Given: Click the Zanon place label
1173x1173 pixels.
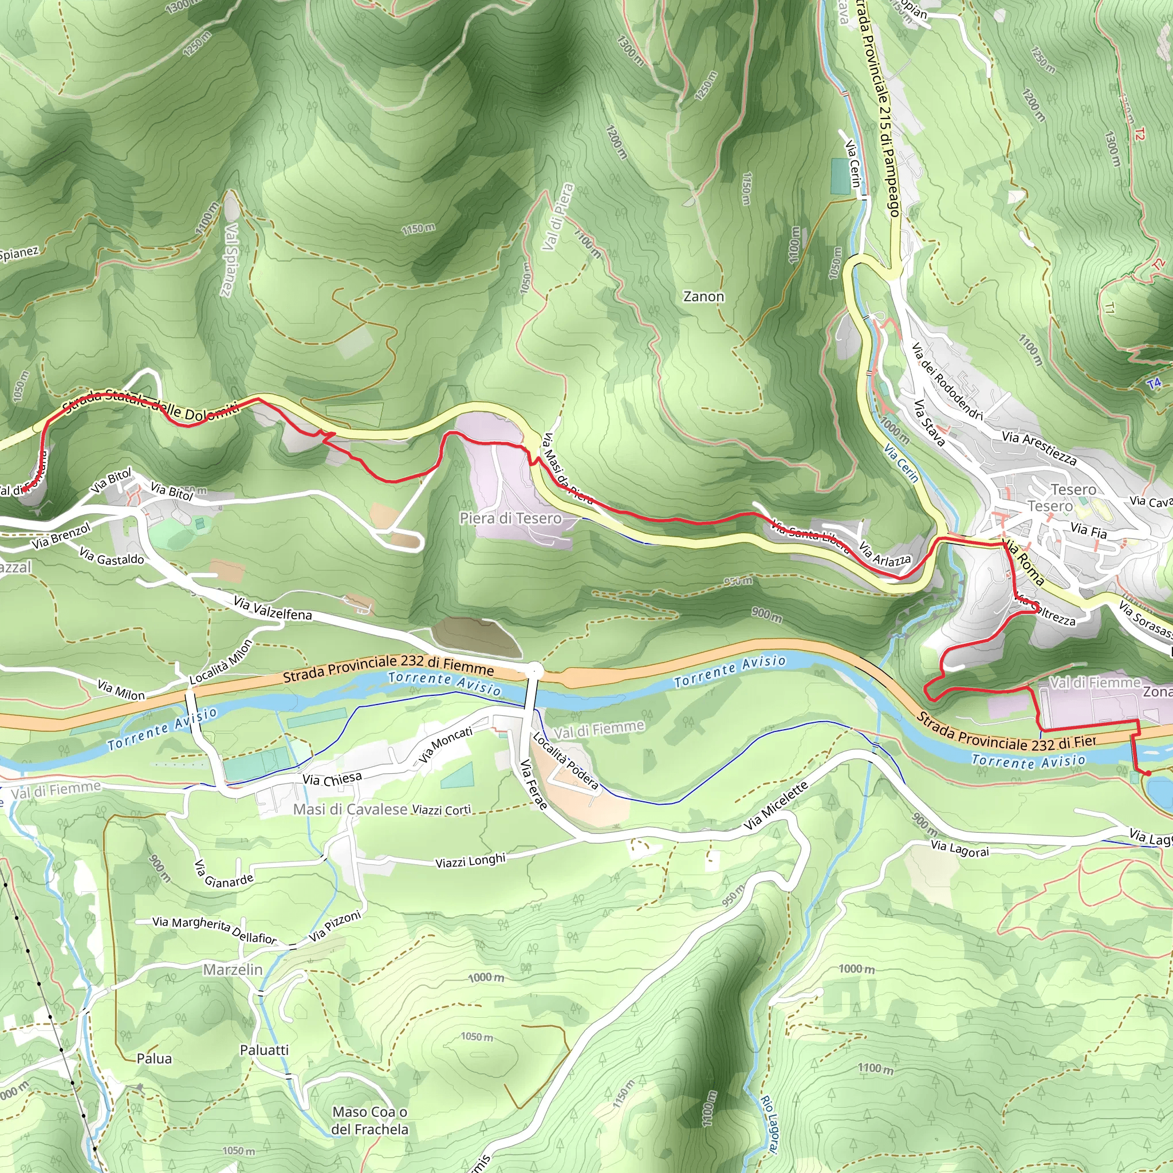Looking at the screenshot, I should pyautogui.click(x=704, y=297).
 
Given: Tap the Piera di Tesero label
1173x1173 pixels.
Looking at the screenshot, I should pyautogui.click(x=510, y=518).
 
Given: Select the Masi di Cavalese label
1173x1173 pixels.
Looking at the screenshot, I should pyautogui.click(x=351, y=809).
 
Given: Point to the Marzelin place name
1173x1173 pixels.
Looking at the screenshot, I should pyautogui.click(x=233, y=970).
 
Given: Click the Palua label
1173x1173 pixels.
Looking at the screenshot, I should pyautogui.click(x=154, y=1059).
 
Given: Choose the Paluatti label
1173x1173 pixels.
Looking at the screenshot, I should pyautogui.click(x=264, y=1050).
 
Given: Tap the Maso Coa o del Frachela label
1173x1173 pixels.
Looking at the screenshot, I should pyautogui.click(x=370, y=1121).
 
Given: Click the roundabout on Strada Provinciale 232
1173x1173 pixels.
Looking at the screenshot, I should pyautogui.click(x=534, y=671).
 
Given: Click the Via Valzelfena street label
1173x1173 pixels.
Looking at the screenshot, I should pyautogui.click(x=273, y=608).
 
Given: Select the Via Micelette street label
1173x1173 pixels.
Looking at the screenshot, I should pyautogui.click(x=776, y=806).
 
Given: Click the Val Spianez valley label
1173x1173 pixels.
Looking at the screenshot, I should pyautogui.click(x=229, y=259).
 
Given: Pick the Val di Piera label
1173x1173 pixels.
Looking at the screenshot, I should pyautogui.click(x=557, y=217).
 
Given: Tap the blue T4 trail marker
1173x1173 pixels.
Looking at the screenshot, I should pyautogui.click(x=1154, y=383).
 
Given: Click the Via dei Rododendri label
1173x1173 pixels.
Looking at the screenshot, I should pyautogui.click(x=947, y=381).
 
